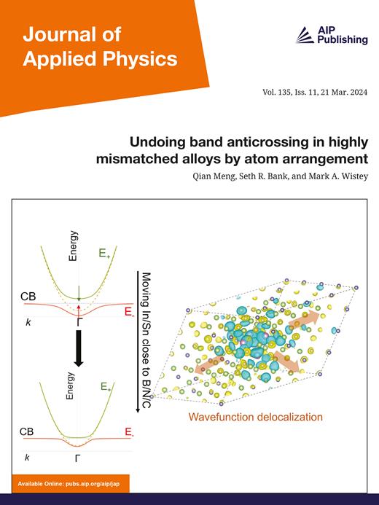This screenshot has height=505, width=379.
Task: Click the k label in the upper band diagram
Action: (x=28, y=321)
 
